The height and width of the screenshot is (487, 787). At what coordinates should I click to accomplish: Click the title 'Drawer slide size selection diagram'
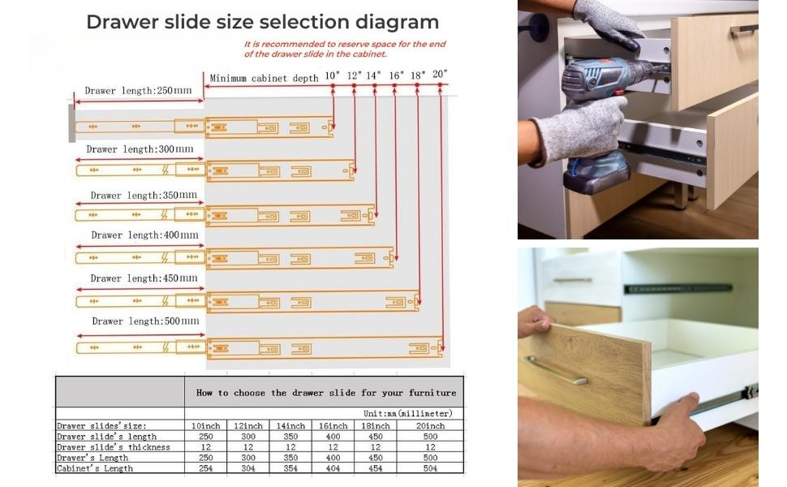click(x=262, y=22)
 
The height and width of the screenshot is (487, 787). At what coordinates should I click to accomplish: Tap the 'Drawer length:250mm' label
click(x=139, y=91)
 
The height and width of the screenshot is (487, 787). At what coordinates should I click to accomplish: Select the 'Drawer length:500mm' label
click(x=145, y=321)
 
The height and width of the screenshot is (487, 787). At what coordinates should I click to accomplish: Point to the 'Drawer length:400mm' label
click(x=144, y=235)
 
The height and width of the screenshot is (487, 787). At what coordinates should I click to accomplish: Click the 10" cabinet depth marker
click(x=333, y=75)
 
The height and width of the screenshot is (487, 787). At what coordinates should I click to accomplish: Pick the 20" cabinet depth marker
click(x=440, y=74)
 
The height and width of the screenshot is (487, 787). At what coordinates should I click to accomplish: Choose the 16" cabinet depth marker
click(x=396, y=75)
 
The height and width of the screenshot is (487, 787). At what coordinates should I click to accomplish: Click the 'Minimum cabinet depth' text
click(x=264, y=79)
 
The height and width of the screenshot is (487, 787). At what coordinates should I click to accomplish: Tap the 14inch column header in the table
click(x=290, y=426)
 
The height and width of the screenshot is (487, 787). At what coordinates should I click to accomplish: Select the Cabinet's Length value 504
click(x=429, y=468)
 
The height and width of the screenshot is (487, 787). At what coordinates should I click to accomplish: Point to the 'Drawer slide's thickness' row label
click(x=114, y=447)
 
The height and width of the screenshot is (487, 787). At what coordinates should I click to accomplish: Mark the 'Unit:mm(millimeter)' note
click(x=407, y=414)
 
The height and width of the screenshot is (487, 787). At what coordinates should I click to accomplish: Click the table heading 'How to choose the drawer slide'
click(x=325, y=393)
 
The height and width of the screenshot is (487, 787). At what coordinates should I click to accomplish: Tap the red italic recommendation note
click(x=345, y=49)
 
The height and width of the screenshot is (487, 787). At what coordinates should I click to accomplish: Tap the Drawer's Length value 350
click(x=290, y=458)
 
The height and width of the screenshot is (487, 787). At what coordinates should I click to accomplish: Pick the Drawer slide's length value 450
click(x=376, y=437)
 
